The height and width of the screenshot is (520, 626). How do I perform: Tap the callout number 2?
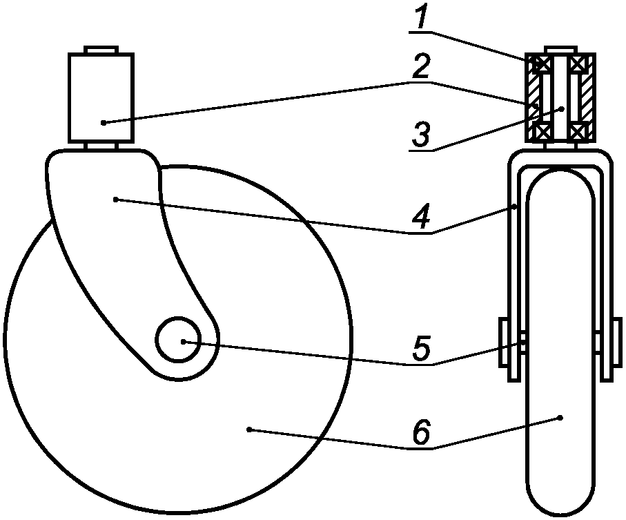pos(422,66)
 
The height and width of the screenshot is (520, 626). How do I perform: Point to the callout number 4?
pos(422,216)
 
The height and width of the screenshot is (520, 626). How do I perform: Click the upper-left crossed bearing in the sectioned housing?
pos(540,64)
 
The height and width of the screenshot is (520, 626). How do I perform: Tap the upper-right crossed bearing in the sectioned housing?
pos(578,64)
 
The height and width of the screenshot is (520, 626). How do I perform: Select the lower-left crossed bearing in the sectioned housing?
pos(540,129)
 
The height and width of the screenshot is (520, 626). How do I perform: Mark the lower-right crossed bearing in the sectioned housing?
pos(578,129)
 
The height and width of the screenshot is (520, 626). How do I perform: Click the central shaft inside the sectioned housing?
pos(559,97)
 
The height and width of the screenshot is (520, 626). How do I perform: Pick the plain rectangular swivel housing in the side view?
pos(101,97)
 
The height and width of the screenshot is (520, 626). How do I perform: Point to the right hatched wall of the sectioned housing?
pos(586,97)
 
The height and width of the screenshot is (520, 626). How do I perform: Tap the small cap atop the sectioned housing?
pos(559,49)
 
